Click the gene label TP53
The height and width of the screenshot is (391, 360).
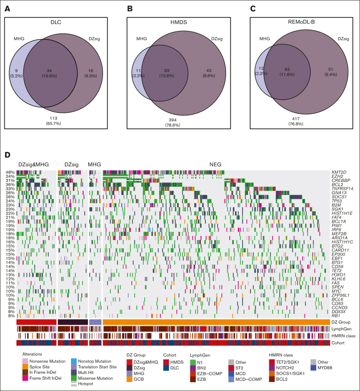(337, 200)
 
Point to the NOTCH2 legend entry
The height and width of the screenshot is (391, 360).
(287, 367)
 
